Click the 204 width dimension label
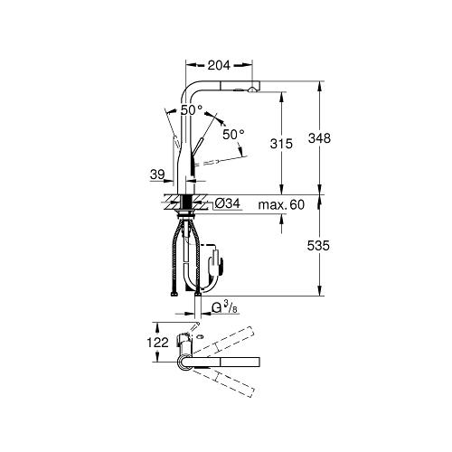[x=219, y=65]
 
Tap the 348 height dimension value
[x=319, y=138]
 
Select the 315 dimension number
[x=281, y=144]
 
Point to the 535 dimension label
[x=318, y=246]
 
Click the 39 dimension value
[x=157, y=174]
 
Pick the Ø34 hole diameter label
[x=228, y=204]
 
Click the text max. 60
[x=281, y=205]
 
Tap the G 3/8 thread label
[x=222, y=307]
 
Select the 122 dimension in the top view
[x=157, y=343]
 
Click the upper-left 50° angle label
[x=192, y=110]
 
